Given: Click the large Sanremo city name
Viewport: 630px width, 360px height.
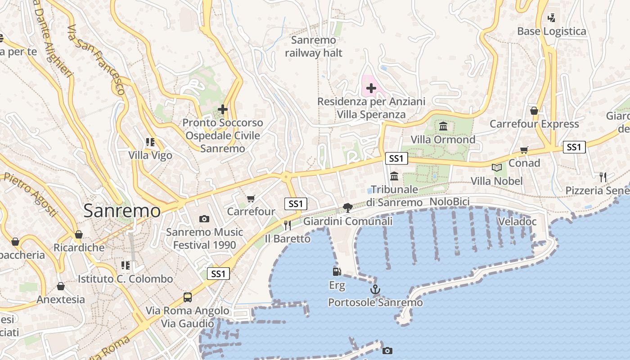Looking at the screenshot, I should click(x=122, y=211).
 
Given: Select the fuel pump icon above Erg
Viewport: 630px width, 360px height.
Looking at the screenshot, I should click(x=337, y=271).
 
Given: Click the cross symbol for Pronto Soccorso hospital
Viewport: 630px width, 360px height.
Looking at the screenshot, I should click(x=222, y=109).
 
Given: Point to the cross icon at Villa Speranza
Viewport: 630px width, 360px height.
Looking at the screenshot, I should click(x=371, y=88).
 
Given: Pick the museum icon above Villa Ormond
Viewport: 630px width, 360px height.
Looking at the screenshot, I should click(x=443, y=126).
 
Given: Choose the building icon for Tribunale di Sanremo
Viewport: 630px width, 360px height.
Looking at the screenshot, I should click(x=395, y=176).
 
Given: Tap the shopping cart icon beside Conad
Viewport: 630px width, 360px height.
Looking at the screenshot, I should click(x=524, y=150).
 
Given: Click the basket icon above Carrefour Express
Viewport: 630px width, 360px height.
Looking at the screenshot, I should click(x=534, y=111).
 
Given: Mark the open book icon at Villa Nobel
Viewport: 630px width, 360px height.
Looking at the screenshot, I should click(x=497, y=168).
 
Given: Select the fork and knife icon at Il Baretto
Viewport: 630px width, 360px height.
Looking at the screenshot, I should click(x=287, y=225).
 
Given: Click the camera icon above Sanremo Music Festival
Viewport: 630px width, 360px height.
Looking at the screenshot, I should click(x=204, y=219).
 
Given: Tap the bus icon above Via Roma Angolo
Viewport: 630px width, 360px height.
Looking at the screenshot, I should click(x=188, y=297).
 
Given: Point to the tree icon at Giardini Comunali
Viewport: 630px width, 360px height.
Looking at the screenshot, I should click(x=347, y=207).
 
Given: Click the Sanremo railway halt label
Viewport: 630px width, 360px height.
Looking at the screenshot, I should click(x=314, y=46).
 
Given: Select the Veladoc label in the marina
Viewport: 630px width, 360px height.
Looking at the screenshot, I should click(x=517, y=221).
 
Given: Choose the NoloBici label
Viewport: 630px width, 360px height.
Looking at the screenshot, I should click(x=450, y=202).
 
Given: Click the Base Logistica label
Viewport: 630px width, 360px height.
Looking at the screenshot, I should click(x=551, y=31).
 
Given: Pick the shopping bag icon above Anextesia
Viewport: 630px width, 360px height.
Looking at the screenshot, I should click(x=61, y=286).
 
